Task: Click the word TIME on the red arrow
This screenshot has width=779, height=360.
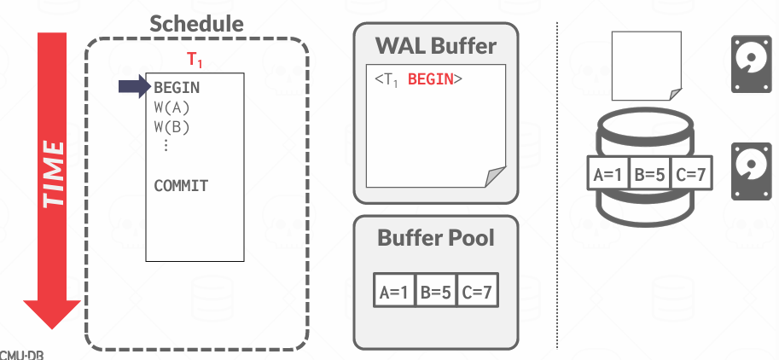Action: pyautogui.click(x=53, y=173)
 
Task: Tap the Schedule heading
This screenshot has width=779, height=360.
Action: pyautogui.click(x=196, y=24)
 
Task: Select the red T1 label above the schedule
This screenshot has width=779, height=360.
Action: pyautogui.click(x=196, y=61)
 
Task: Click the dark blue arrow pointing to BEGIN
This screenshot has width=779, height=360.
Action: pyautogui.click(x=133, y=85)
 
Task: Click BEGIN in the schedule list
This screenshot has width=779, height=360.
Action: pyautogui.click(x=177, y=87)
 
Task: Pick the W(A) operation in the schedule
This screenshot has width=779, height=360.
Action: pyautogui.click(x=171, y=107)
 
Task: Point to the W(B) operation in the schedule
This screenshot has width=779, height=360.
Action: pyautogui.click(x=171, y=127)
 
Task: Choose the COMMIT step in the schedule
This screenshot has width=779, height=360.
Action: pyautogui.click(x=181, y=185)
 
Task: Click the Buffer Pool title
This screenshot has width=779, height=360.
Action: pyautogui.click(x=435, y=237)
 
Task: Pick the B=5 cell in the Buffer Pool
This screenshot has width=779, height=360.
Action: pyautogui.click(x=436, y=291)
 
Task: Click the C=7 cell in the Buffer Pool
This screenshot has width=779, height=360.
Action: pyautogui.click(x=476, y=291)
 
